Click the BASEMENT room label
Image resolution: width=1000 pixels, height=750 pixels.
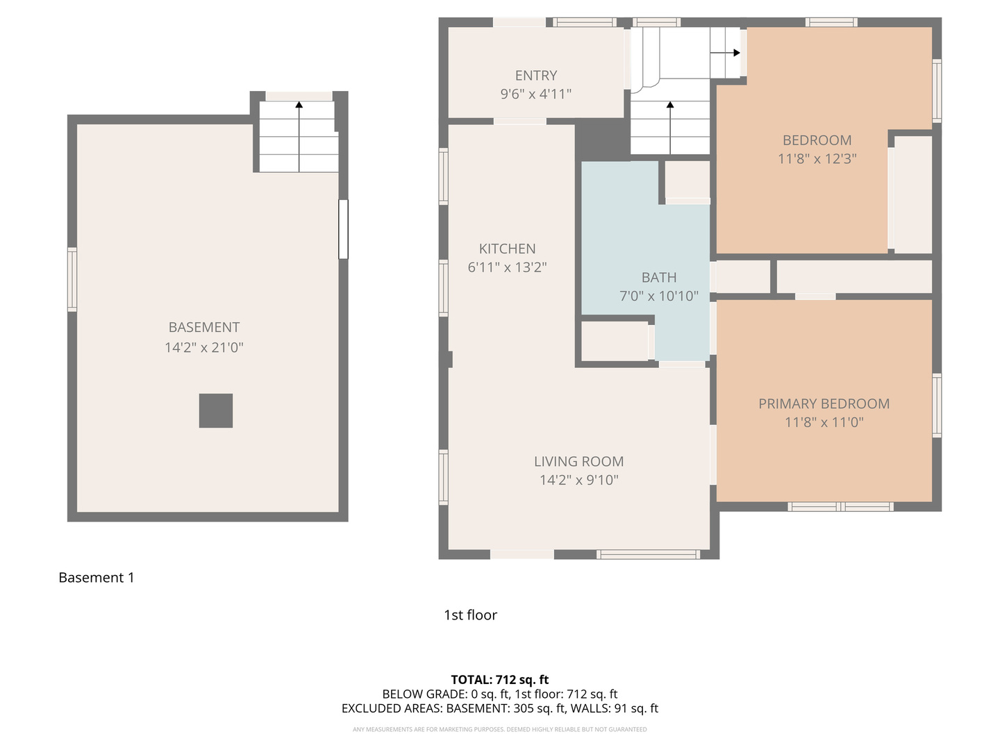click(x=204, y=327)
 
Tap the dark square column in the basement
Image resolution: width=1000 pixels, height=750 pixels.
click(x=216, y=410)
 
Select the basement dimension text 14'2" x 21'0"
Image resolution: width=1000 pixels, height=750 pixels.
click(x=204, y=347)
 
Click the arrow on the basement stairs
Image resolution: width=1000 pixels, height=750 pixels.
click(x=299, y=135)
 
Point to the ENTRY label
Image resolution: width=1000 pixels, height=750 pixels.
click(x=535, y=76)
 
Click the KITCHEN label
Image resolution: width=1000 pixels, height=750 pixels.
click(x=507, y=249)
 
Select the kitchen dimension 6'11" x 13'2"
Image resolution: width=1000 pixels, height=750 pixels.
click(x=507, y=267)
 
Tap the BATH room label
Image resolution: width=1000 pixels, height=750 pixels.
click(x=658, y=278)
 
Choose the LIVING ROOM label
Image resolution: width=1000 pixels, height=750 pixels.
click(x=578, y=461)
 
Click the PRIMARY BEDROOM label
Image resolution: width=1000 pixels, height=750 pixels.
click(x=824, y=403)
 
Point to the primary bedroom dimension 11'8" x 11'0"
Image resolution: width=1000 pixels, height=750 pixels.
click(x=824, y=422)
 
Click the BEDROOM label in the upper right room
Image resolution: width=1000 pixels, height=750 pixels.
click(x=817, y=140)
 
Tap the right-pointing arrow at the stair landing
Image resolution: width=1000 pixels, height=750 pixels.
click(x=726, y=53)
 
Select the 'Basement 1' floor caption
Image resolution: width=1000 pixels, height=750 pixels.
click(x=97, y=578)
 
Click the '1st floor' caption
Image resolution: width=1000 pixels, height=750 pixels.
click(x=470, y=615)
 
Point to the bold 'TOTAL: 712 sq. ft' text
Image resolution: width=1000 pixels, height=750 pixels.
click(x=500, y=680)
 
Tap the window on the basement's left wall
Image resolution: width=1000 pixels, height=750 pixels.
click(x=72, y=279)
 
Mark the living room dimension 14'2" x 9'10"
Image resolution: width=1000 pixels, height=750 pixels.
click(x=578, y=480)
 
